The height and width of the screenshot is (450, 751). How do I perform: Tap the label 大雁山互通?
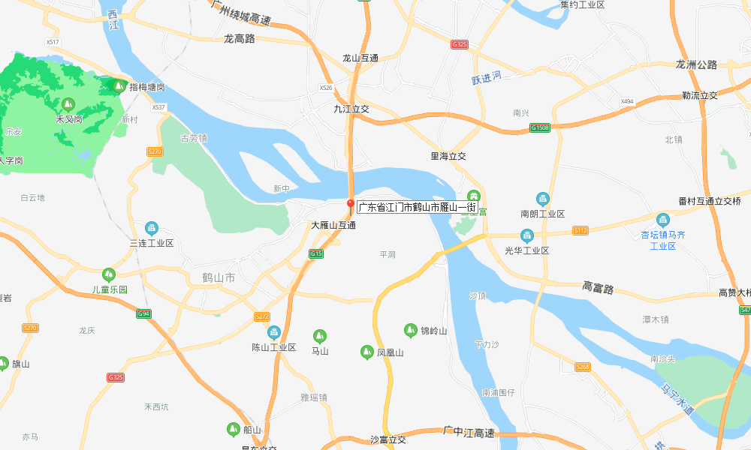[x=333, y=225]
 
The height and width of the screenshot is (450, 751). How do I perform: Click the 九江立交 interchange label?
[x=351, y=109]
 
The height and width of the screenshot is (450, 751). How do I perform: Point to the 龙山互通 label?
[x=360, y=58]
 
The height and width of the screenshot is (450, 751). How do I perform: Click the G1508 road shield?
[x=540, y=128]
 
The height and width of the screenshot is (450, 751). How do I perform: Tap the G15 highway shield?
[x=316, y=254]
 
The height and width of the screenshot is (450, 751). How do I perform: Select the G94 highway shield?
[x=143, y=313]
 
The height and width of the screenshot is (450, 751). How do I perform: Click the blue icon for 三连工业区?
[x=152, y=228]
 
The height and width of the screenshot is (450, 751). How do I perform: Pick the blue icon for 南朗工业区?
[x=543, y=199]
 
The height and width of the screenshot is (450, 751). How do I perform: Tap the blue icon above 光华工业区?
[x=527, y=235]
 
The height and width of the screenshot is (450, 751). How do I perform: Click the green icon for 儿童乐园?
[x=110, y=274]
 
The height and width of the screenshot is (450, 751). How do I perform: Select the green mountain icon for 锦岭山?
[x=410, y=329]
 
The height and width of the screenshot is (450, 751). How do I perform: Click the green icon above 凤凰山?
[x=366, y=351]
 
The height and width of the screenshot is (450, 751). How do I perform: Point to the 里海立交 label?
[x=448, y=156]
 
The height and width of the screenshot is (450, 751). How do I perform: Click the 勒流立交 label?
[x=700, y=95]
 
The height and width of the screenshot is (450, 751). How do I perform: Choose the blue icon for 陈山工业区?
[x=273, y=332]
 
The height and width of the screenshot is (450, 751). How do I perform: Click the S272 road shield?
[x=261, y=316]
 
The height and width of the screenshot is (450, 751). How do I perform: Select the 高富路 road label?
[x=598, y=287]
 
